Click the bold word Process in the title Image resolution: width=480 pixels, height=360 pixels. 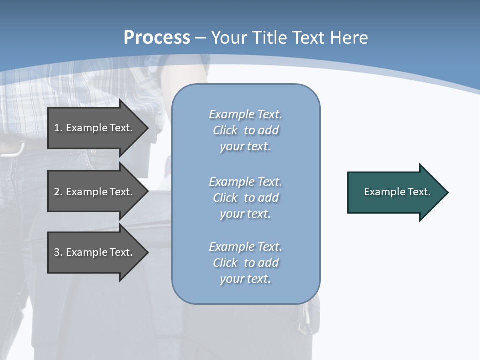157,38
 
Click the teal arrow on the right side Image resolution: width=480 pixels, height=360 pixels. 395,192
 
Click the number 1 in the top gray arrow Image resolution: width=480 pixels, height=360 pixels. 57,128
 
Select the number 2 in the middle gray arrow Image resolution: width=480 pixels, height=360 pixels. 57,192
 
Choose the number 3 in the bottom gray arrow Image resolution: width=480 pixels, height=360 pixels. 57,252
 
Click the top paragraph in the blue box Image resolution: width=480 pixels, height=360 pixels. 245,130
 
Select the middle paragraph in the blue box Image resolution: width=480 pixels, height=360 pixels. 245,198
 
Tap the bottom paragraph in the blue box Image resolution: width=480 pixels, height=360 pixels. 245,263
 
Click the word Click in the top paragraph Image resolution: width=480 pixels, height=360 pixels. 225,130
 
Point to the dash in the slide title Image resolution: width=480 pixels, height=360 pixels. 200,38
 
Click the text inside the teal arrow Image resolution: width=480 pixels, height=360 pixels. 397,192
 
